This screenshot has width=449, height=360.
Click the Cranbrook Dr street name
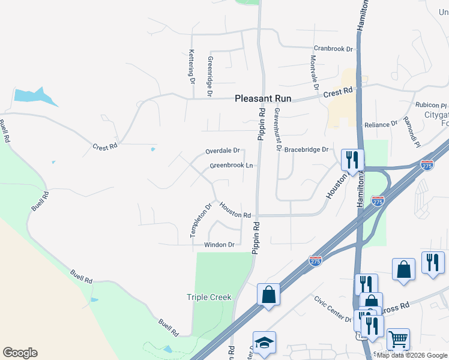(332, 49)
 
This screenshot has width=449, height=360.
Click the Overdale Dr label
(222, 151)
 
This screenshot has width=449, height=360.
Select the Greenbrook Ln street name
(231, 166)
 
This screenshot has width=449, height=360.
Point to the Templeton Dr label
(202, 221)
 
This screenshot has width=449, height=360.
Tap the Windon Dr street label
(219, 245)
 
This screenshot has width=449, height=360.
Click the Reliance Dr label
(381, 124)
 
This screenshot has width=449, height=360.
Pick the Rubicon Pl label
(431, 104)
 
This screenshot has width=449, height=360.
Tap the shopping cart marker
(398, 339)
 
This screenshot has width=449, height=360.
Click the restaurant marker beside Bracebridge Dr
(352, 160)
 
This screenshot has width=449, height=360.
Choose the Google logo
(20, 353)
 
